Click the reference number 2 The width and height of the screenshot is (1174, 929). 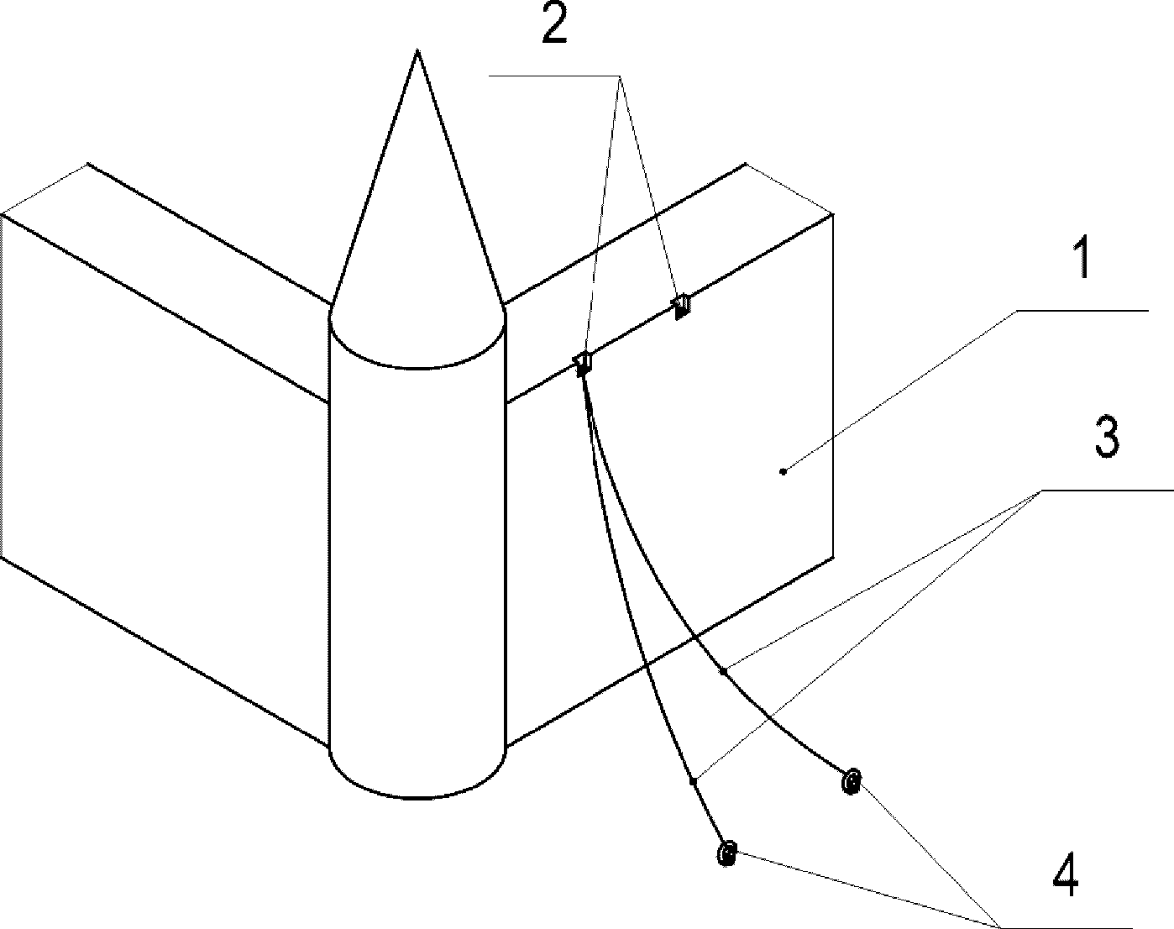tap(554, 27)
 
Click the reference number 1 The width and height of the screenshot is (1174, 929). tap(1083, 260)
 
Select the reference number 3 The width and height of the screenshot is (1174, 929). tap(1108, 438)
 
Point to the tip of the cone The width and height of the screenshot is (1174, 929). tap(417, 52)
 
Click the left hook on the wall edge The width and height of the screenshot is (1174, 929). tap(583, 362)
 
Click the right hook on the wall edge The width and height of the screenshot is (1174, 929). tap(682, 306)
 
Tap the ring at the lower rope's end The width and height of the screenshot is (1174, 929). tap(727, 853)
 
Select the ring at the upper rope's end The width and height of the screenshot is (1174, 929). tap(851, 782)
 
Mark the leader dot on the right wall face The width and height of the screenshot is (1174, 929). tap(784, 471)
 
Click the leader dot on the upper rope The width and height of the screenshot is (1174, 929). tap(723, 671)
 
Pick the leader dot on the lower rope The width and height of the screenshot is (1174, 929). tap(693, 782)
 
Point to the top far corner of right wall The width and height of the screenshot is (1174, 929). tap(746, 165)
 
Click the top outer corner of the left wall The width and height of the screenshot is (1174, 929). tap(3, 214)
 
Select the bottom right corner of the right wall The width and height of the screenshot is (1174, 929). tap(832, 555)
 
